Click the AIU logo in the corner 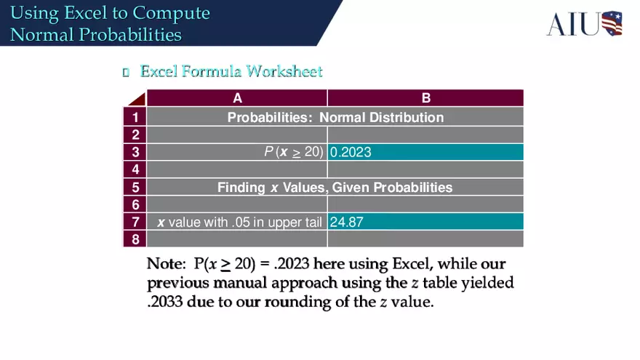(584, 23)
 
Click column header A (237, 98)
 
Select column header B (425, 98)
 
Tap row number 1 (135, 117)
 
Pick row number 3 (135, 152)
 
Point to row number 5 (135, 187)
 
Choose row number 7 (135, 222)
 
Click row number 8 (135, 239)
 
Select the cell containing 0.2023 (425, 152)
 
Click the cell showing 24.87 (425, 222)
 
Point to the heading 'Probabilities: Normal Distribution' (335, 117)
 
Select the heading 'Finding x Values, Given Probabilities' (335, 187)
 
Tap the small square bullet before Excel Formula (126, 72)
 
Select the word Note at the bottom (165, 263)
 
